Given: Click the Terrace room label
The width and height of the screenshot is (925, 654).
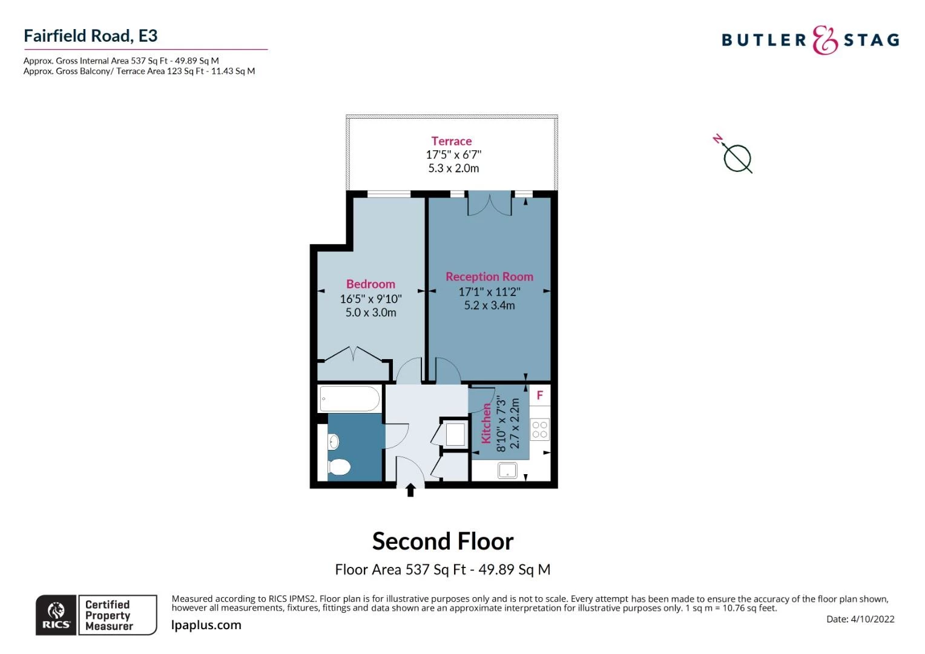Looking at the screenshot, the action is click(452, 141).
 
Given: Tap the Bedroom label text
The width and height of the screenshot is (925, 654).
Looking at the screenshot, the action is click(370, 284).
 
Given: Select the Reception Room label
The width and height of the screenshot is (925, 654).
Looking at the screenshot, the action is click(489, 277).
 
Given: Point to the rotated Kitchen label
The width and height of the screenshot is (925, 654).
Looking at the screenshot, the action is click(486, 423).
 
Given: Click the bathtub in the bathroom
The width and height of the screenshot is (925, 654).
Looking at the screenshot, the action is click(350, 398).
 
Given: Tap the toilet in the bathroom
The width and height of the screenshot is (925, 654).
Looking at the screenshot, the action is click(339, 467).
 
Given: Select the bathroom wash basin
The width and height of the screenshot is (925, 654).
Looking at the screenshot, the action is click(334, 442).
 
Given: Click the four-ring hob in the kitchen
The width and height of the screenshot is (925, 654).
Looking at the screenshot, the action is click(540, 430).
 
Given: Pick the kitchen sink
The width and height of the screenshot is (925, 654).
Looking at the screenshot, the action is click(507, 471).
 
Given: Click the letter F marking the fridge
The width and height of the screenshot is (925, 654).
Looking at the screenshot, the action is click(540, 395).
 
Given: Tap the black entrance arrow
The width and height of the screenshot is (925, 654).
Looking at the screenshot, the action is click(410, 490).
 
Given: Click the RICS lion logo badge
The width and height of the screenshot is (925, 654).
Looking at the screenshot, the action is click(56, 615).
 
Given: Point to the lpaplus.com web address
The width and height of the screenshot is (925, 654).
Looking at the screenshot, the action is click(206, 625).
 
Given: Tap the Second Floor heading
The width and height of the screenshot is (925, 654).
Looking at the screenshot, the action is click(443, 541).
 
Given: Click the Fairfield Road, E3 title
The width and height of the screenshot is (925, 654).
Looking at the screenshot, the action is click(90, 36).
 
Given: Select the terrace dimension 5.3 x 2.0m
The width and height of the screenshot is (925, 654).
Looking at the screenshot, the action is click(453, 168).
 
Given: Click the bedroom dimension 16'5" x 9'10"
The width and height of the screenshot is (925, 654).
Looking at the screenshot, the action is click(370, 299).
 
